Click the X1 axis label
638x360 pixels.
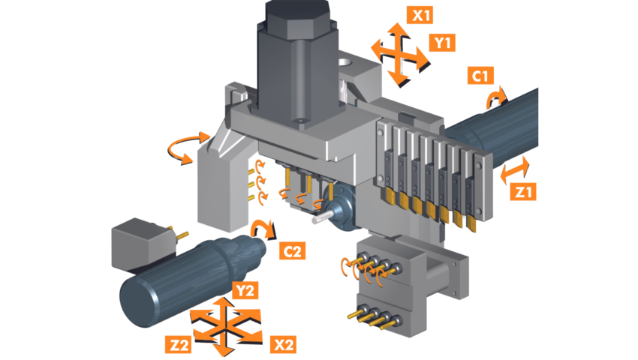(423, 14)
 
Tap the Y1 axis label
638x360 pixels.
(443, 43)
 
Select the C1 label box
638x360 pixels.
(481, 76)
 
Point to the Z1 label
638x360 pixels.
(522, 192)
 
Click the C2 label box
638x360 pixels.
(292, 250)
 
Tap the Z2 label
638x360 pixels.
(179, 346)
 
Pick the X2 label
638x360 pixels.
(283, 345)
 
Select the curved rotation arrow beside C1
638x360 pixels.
(496, 95)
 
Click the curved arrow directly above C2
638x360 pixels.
(261, 227)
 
